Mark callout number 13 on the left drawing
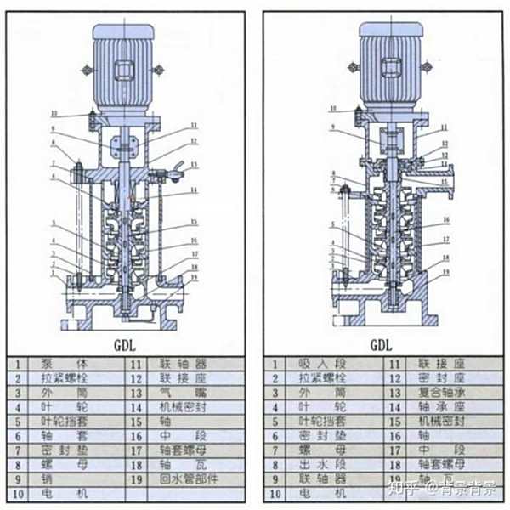(x=194, y=165)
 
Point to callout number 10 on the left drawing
(x=52, y=112)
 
